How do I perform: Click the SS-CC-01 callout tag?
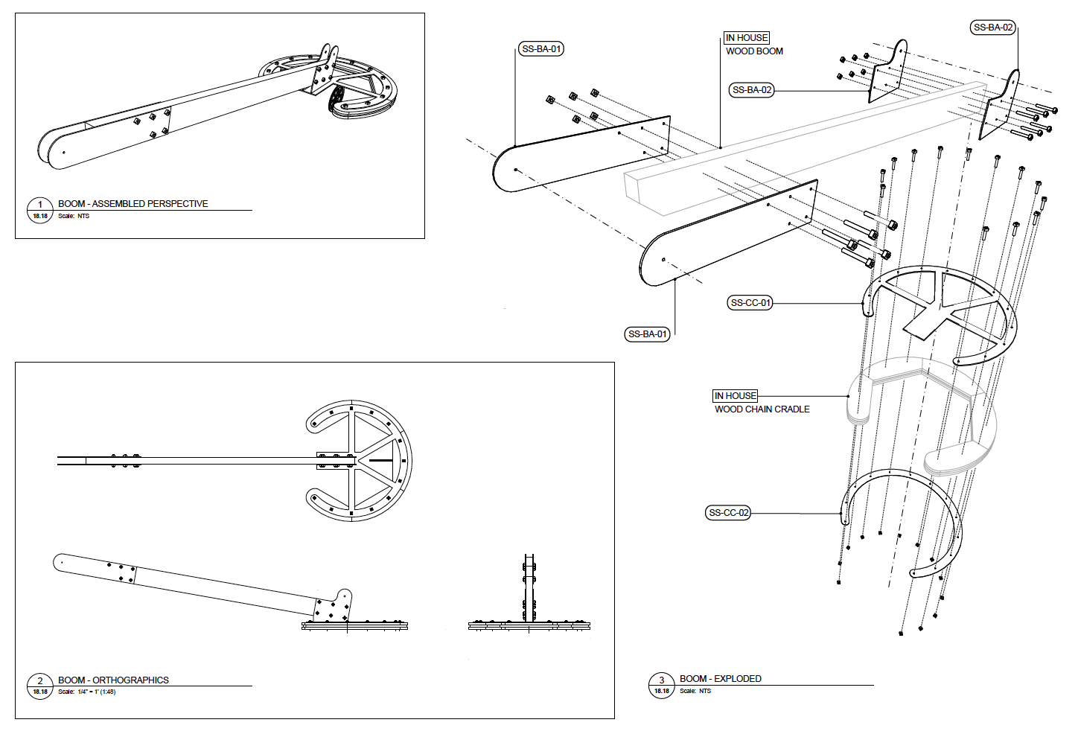tap(750, 303)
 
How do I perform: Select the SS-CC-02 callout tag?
tap(728, 513)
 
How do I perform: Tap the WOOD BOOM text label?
tap(754, 51)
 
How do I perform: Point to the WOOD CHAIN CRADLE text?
tap(762, 409)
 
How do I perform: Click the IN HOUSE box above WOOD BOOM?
tap(747, 38)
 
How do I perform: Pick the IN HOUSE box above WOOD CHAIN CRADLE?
tap(736, 396)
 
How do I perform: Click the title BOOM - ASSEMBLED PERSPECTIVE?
tap(133, 204)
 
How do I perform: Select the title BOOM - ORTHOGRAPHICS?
tap(113, 680)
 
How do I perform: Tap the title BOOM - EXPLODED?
tap(720, 679)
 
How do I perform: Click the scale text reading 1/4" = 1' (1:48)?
tap(96, 692)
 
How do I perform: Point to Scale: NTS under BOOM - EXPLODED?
tap(695, 692)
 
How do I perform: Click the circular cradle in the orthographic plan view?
tap(360, 461)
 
